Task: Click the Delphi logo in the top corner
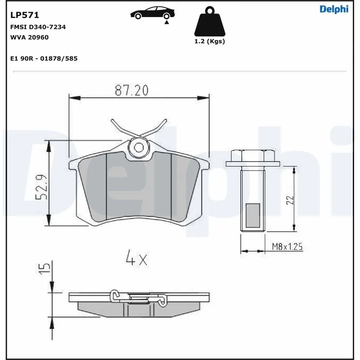[x=334, y=9]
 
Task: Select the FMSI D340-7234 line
[x=38, y=27]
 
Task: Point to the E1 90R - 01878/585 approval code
[x=44, y=58]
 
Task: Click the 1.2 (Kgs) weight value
[x=209, y=41]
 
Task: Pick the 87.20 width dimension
[x=131, y=90]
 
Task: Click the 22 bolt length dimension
[x=290, y=199]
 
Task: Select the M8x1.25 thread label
[x=287, y=247]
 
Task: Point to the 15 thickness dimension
[x=44, y=269]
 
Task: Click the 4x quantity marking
[x=136, y=259]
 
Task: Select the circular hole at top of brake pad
[x=139, y=147]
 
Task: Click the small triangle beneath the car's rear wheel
[x=167, y=22]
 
